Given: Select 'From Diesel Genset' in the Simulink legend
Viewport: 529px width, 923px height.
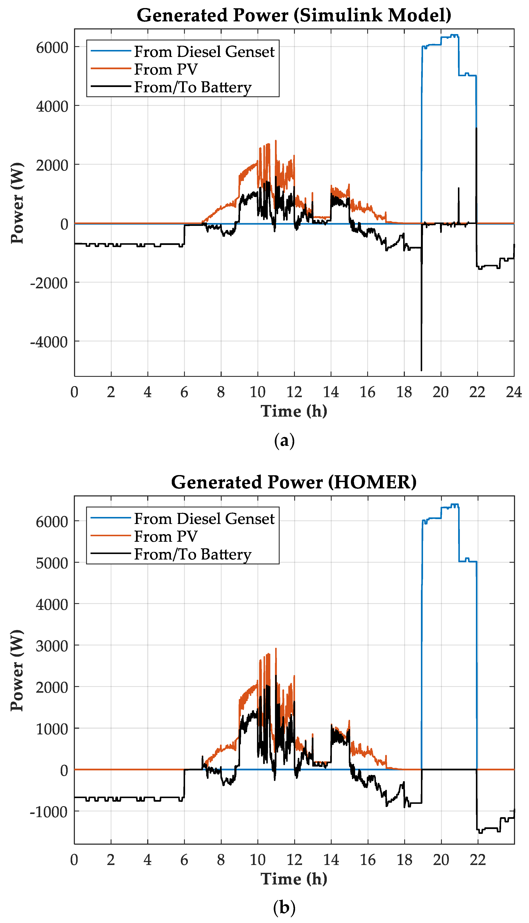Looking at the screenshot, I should click(x=204, y=52).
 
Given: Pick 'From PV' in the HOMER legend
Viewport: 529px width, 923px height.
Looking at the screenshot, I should click(x=166, y=536).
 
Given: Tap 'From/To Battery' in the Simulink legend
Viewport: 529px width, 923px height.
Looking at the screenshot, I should click(x=192, y=87).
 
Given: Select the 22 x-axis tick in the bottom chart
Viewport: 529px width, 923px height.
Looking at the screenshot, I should click(x=477, y=860).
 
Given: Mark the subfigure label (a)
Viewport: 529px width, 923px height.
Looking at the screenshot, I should click(x=284, y=441).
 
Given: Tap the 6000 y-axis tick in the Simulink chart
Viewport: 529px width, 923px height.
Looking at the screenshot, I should click(x=52, y=48).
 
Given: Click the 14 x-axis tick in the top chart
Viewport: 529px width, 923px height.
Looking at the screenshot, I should click(x=331, y=392).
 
